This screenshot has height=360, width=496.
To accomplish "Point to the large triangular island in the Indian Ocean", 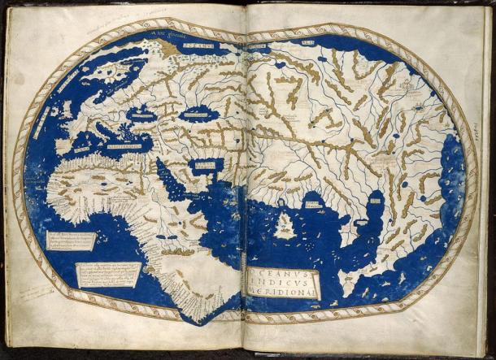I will click(285, 225).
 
